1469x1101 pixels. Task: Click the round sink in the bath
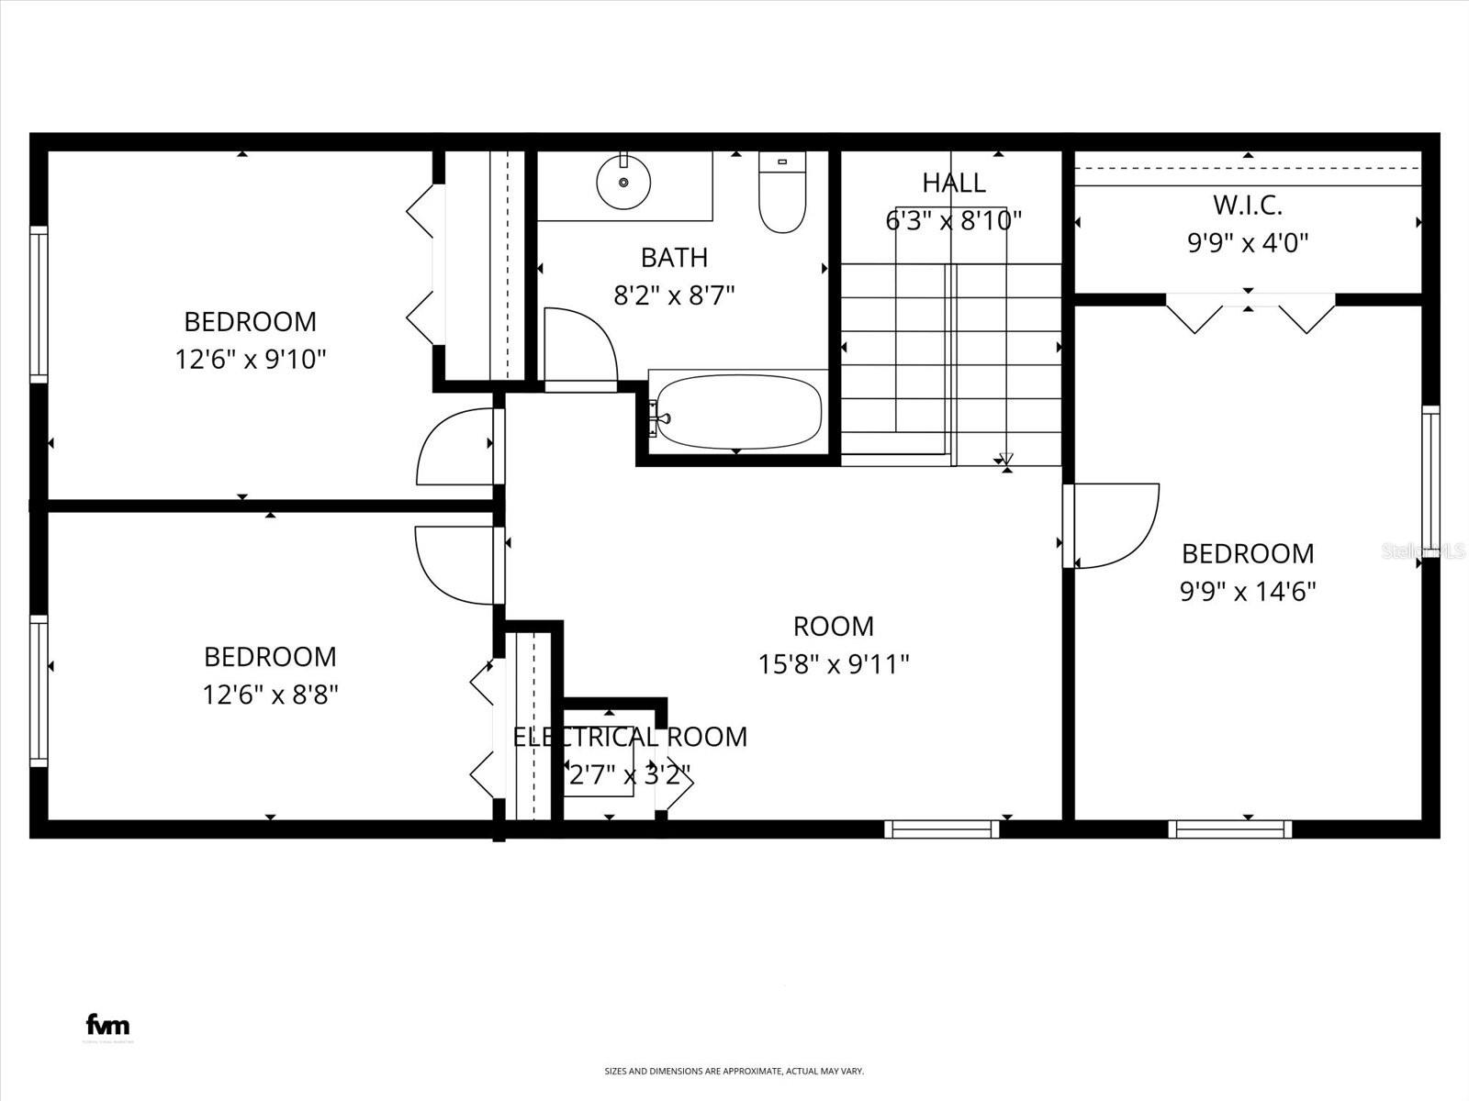click(623, 183)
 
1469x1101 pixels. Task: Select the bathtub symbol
click(738, 412)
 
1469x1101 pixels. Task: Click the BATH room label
click(674, 258)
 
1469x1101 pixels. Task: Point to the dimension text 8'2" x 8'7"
click(674, 295)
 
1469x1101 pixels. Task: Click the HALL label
click(954, 183)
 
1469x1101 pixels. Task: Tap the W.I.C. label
click(1247, 205)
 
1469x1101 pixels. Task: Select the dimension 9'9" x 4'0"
click(1247, 243)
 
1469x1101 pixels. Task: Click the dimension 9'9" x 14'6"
click(1247, 592)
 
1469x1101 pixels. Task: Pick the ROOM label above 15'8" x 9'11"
click(833, 627)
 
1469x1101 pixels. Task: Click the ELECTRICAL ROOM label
click(630, 737)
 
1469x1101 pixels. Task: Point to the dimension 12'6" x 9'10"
click(251, 359)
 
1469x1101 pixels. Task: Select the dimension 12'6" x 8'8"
click(270, 695)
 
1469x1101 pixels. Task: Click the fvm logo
click(107, 1024)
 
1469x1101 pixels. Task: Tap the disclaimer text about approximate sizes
click(734, 1071)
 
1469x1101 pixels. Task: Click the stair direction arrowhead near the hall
click(1006, 459)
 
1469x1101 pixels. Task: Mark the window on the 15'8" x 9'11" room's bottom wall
click(942, 829)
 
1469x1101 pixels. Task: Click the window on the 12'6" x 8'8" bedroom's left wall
click(38, 690)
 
